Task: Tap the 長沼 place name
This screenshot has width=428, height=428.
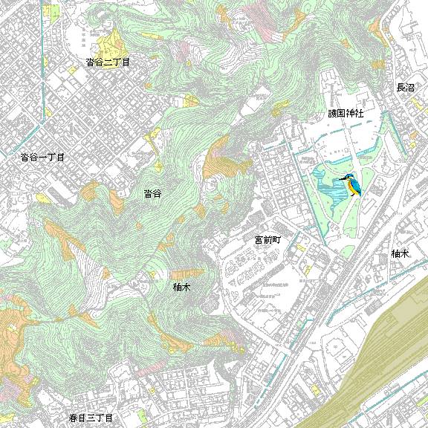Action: (405, 88)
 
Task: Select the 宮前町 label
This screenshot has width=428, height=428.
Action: (267, 240)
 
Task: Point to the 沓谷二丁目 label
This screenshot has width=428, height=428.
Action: (108, 62)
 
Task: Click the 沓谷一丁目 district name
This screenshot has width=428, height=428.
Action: (42, 158)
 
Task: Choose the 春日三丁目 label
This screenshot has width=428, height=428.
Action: (90, 419)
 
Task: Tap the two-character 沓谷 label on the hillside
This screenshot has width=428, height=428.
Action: (153, 193)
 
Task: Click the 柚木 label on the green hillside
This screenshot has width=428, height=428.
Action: (182, 286)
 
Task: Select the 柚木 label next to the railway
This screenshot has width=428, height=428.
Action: (401, 253)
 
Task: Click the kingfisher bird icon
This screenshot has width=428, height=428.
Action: (351, 185)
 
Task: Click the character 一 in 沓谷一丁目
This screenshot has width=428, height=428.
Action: (42, 158)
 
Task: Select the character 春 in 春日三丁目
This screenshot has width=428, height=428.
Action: (73, 419)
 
